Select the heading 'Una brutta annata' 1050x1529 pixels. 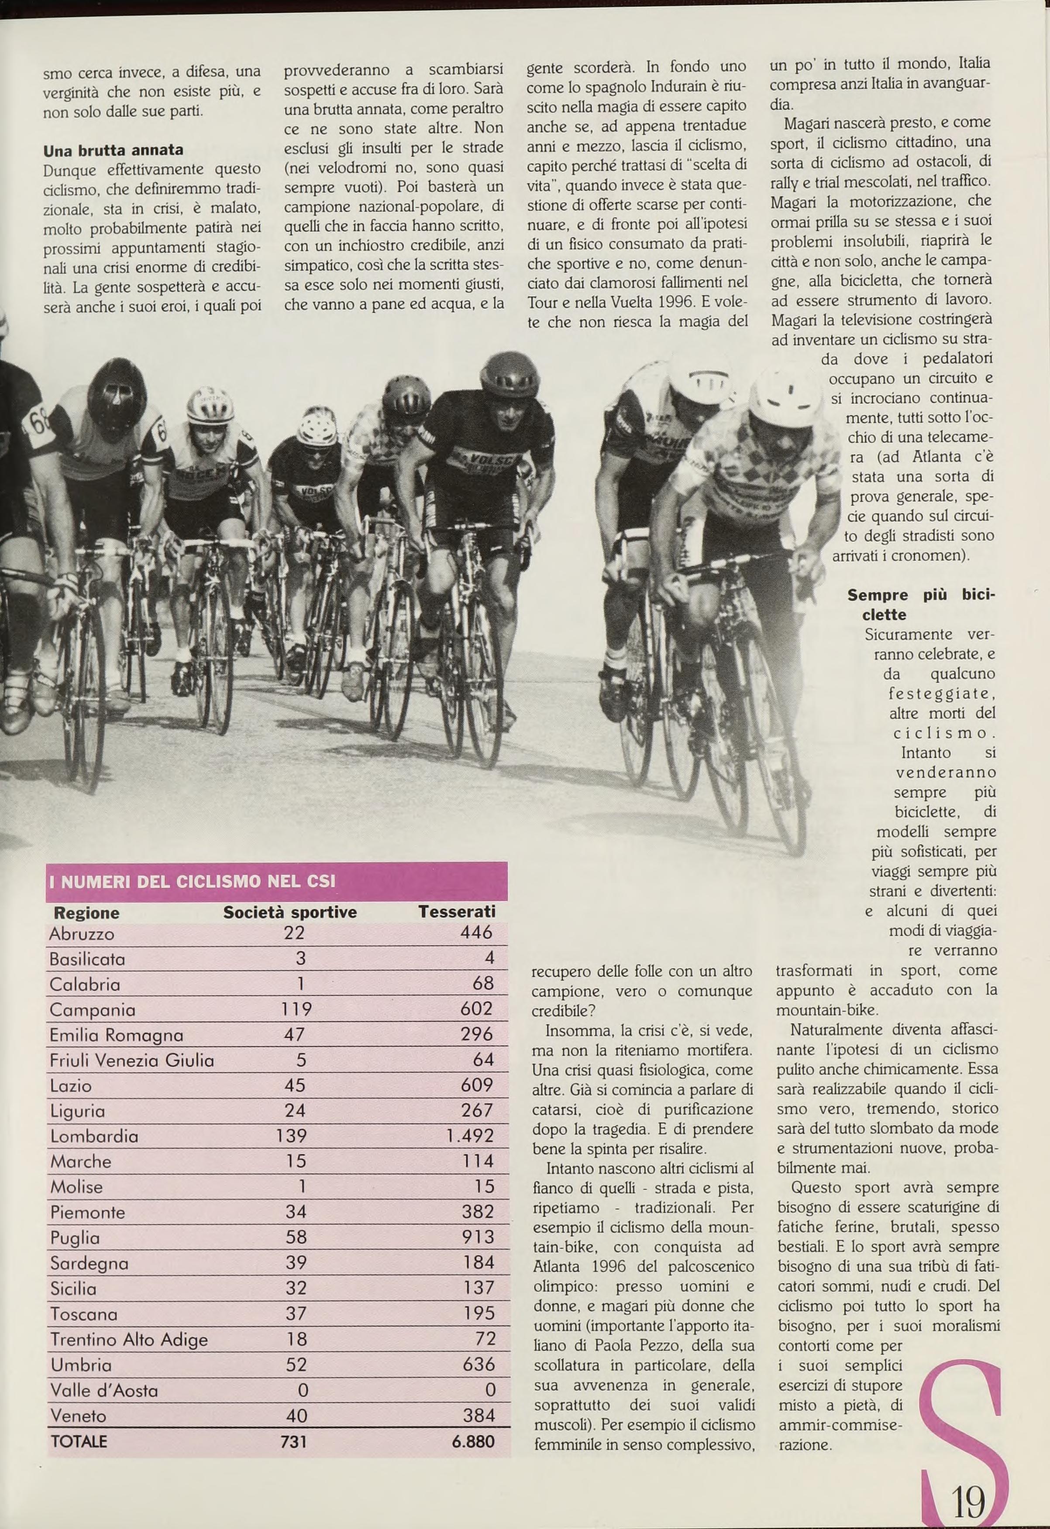(x=113, y=150)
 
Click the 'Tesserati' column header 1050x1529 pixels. (x=456, y=912)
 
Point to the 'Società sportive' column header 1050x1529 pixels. (x=289, y=912)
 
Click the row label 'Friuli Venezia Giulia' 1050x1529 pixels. (x=132, y=1060)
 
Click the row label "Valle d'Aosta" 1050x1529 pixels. (x=104, y=1391)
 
